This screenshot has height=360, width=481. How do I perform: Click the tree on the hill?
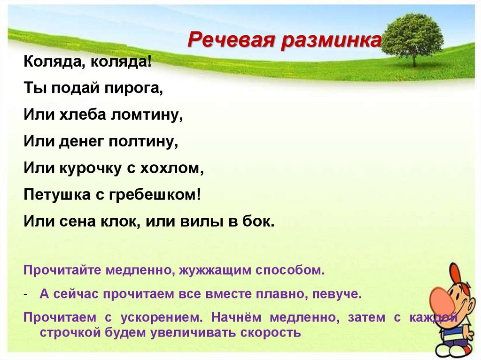tap(413, 38)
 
